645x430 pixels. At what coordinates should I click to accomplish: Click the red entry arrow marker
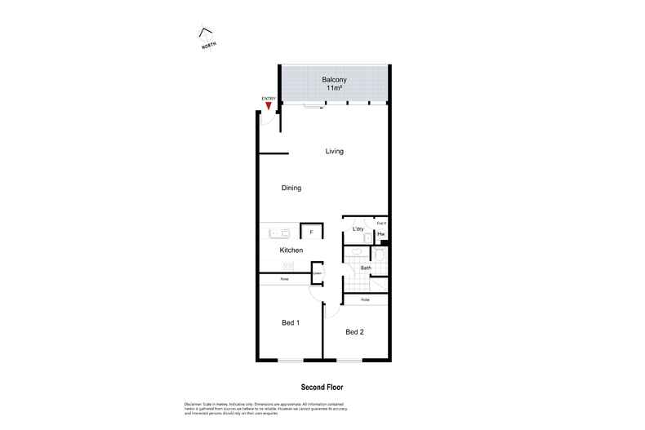(269, 105)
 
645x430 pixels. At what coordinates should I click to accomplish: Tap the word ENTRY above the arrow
(268, 99)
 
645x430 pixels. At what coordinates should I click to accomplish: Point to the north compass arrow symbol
(206, 34)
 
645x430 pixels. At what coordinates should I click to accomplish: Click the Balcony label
(334, 79)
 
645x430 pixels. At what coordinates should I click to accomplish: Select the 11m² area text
(334, 87)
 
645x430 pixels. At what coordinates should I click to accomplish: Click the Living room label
(334, 151)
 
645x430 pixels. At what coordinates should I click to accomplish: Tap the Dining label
(291, 188)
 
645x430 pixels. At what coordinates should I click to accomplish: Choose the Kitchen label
(291, 250)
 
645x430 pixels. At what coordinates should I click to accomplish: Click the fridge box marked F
(311, 233)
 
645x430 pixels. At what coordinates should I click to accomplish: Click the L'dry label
(358, 230)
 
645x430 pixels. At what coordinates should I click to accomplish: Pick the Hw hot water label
(380, 235)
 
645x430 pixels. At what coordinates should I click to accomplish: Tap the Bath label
(366, 268)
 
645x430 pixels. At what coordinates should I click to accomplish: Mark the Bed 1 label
(291, 323)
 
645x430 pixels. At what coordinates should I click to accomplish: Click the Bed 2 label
(354, 331)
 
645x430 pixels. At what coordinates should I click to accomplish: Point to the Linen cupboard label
(317, 273)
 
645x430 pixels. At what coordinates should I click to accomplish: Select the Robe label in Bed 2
(365, 300)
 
